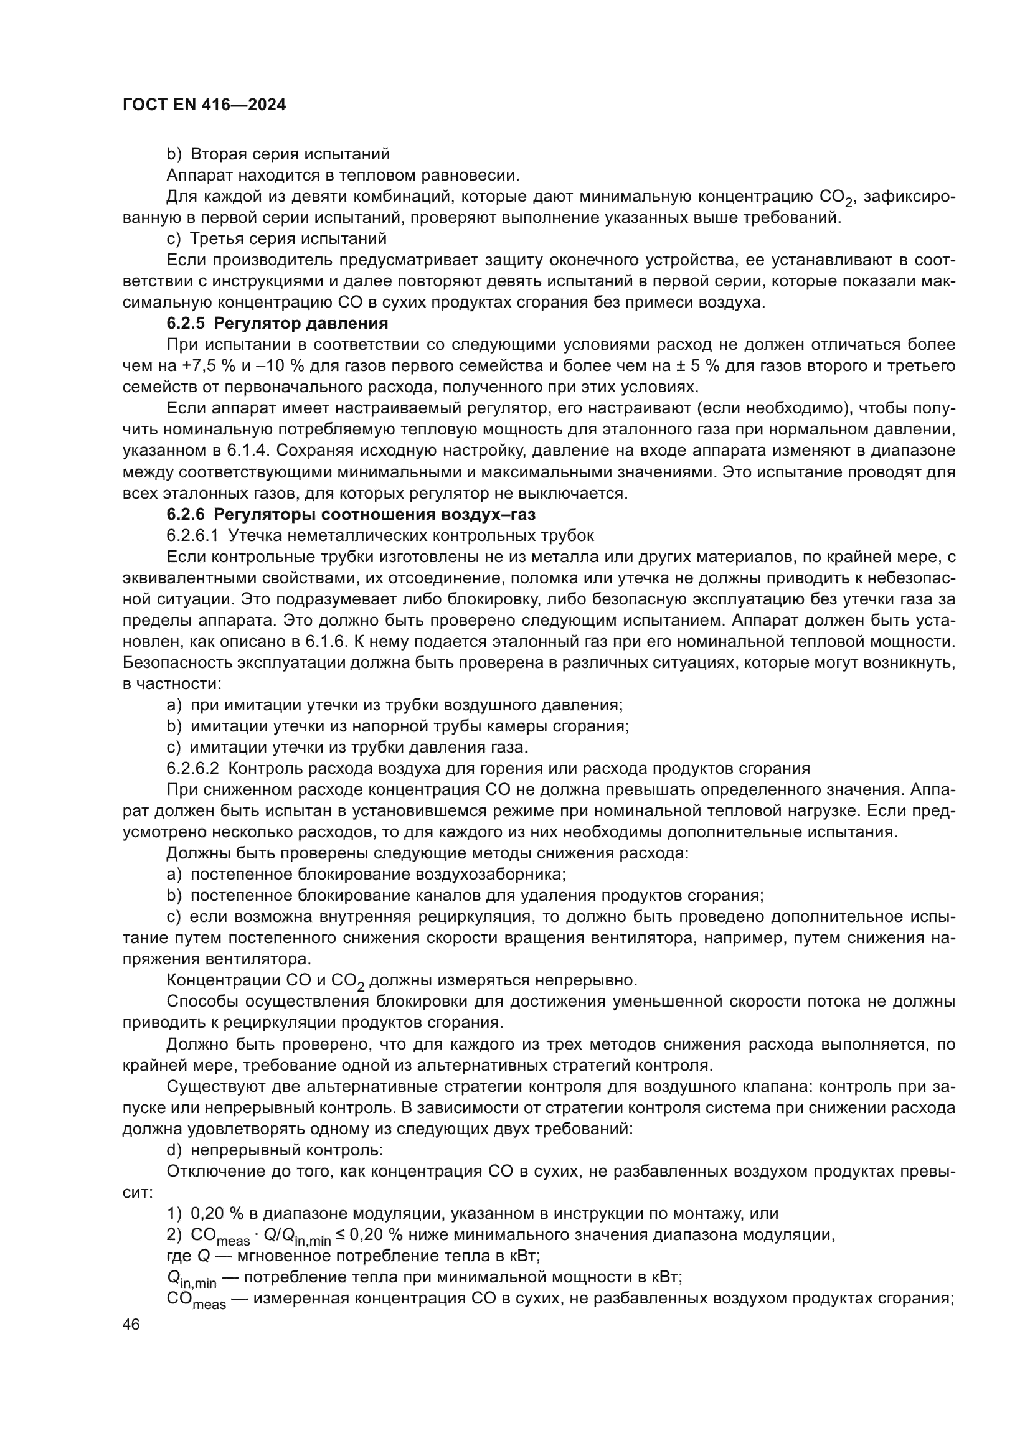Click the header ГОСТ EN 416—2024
coord(204,105)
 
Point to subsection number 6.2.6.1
coord(192,536)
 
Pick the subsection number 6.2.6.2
coord(192,769)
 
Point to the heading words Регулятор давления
coord(301,324)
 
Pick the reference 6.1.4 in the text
coord(242,451)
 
